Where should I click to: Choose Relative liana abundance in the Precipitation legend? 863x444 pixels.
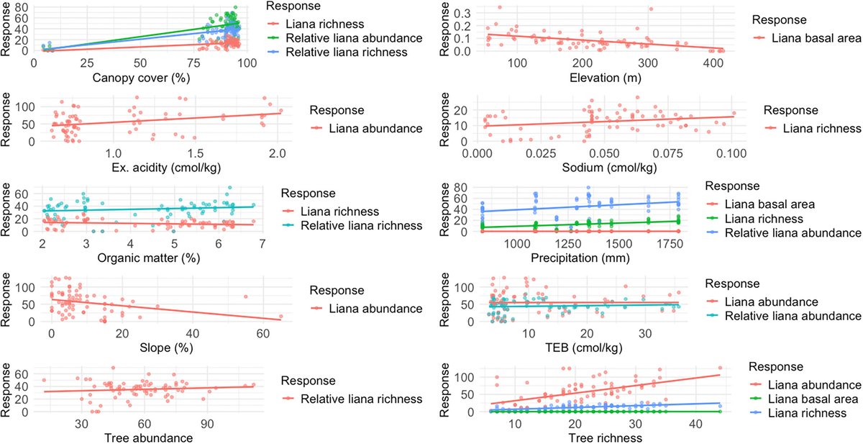(x=793, y=232)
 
